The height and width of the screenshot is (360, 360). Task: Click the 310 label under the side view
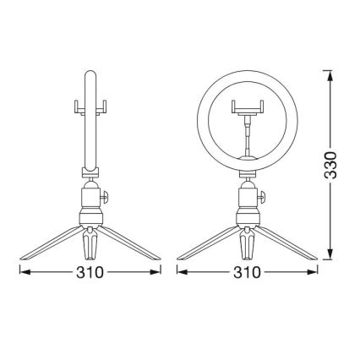point(90,272)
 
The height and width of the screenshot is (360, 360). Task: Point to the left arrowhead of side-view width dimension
point(24,272)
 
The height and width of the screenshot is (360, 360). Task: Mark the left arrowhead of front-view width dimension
point(180,272)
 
